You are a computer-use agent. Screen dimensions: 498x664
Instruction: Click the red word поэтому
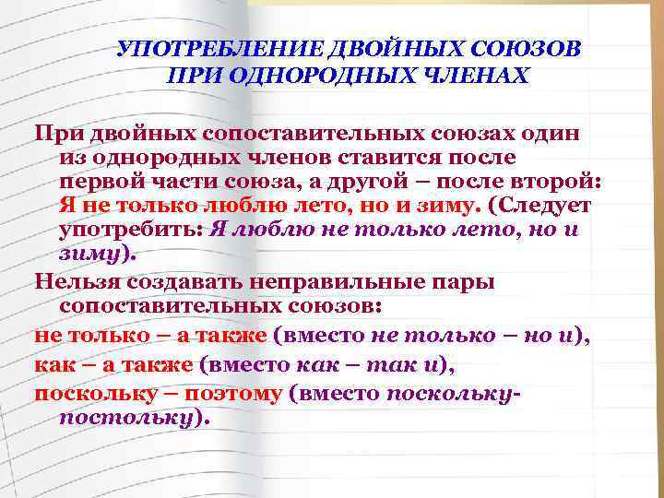coord(233,394)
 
